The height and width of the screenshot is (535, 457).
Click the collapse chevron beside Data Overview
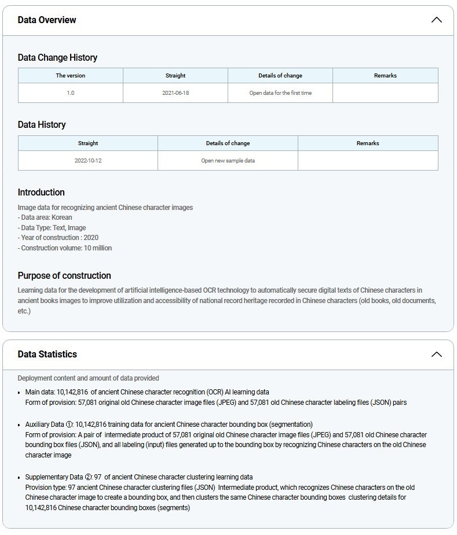pos(436,20)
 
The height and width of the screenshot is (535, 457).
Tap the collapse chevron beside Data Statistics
pos(436,354)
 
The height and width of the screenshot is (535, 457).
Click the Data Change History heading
pos(57,57)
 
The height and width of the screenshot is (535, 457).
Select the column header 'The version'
pos(70,76)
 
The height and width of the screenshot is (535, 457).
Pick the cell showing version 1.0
pos(70,93)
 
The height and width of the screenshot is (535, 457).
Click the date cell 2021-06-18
pos(176,93)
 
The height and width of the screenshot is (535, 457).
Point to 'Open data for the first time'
pos(280,93)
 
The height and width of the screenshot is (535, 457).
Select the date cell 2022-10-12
pos(88,161)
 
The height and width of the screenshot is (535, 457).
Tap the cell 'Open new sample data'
pos(228,161)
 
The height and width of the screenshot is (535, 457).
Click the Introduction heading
pos(41,192)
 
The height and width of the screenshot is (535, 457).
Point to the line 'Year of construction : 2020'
pos(58,238)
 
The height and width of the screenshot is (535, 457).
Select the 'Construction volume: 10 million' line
pos(65,248)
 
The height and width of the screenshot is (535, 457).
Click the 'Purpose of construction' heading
pos(64,275)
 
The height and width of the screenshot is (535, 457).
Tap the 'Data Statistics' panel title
pos(47,354)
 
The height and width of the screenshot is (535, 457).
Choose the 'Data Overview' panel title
pos(47,20)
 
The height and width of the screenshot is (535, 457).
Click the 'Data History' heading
pos(42,124)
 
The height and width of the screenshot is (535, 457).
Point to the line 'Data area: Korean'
pos(45,217)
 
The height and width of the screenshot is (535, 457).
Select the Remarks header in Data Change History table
pos(385,76)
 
